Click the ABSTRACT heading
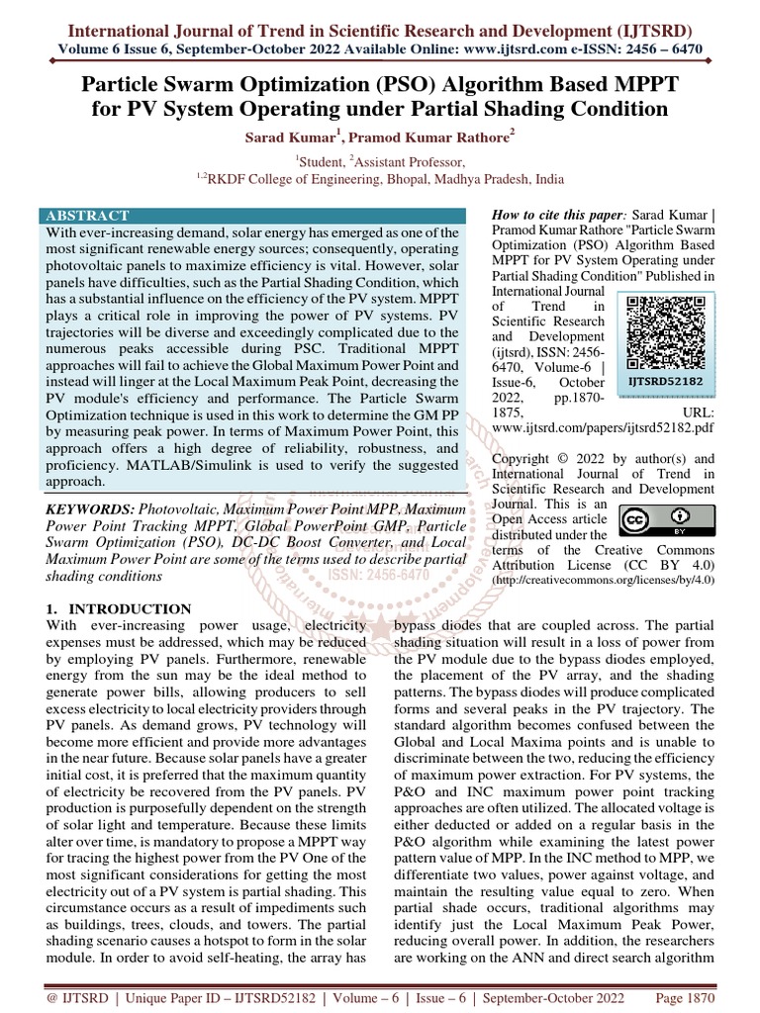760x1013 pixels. (87, 215)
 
